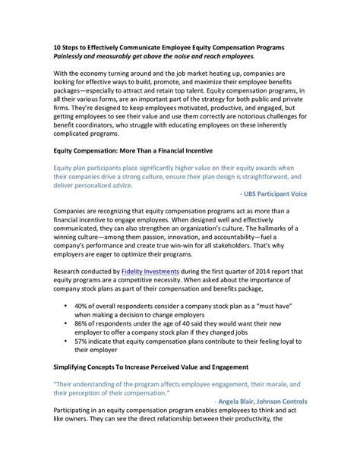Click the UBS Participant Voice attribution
[x=272, y=194]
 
